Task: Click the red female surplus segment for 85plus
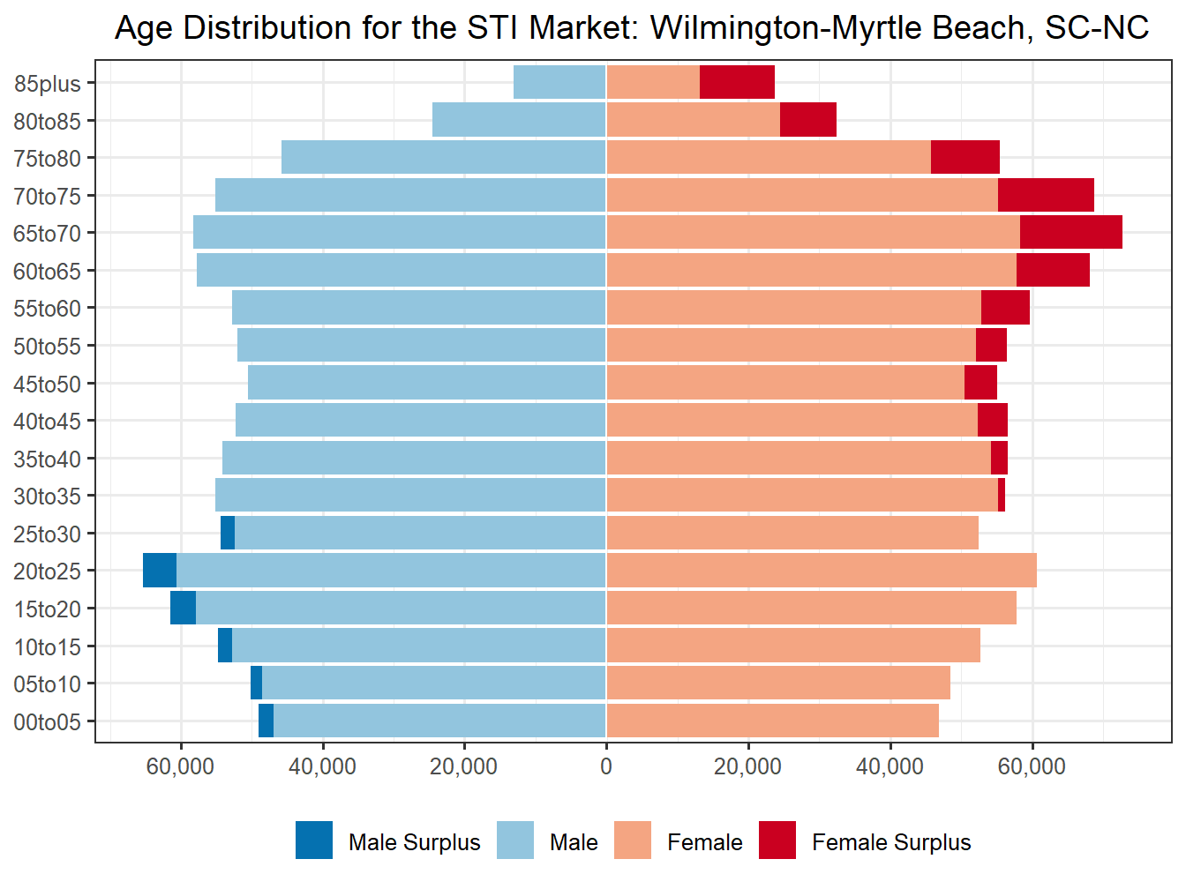coord(737,82)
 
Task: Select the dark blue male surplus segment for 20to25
coord(160,571)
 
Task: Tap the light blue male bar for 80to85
coord(519,120)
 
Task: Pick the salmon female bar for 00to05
coord(772,721)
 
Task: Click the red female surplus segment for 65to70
coord(1070,232)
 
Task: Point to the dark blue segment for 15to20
coord(183,609)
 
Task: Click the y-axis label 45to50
coord(47,385)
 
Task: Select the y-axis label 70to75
coord(47,197)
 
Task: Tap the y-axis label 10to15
coord(47,647)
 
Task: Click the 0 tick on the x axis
coord(606,766)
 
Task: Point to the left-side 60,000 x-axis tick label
coord(180,766)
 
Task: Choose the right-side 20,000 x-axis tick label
coord(747,766)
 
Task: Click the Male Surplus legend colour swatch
coord(314,840)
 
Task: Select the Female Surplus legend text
coord(891,842)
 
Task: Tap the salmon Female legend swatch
coord(633,840)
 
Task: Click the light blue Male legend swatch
coord(515,840)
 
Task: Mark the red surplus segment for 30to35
coord(1002,495)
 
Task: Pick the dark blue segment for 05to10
coord(257,684)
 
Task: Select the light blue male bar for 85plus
coord(559,82)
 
